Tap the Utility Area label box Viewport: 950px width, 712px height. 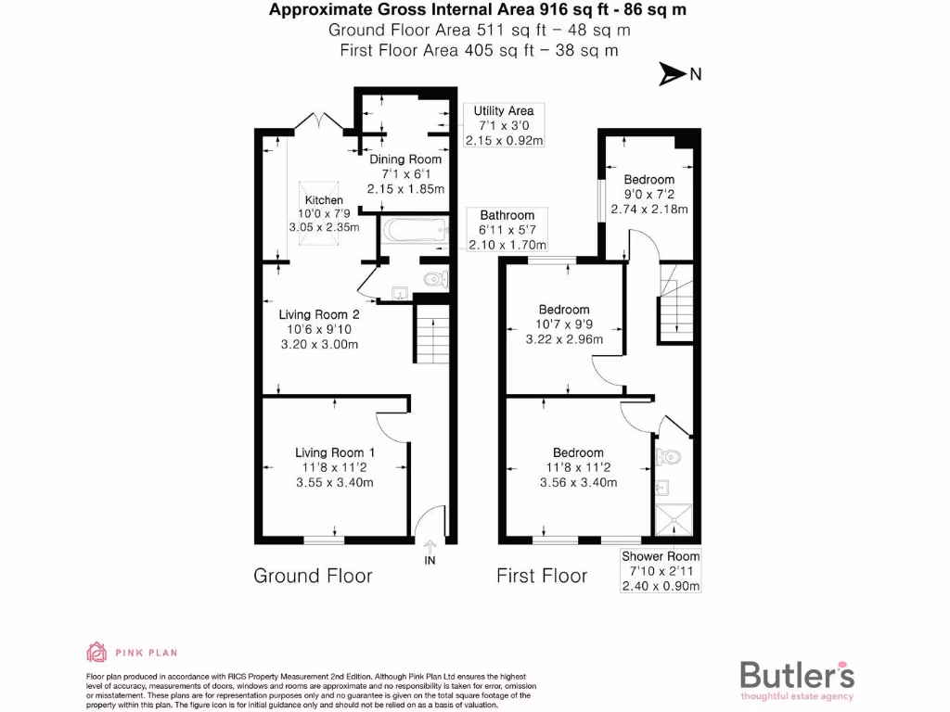pyautogui.click(x=504, y=126)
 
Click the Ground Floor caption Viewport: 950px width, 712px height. pyautogui.click(x=313, y=576)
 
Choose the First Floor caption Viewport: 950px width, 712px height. pyautogui.click(x=542, y=576)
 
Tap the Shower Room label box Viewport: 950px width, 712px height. pyautogui.click(x=661, y=571)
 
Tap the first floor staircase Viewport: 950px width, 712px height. pyautogui.click(x=676, y=304)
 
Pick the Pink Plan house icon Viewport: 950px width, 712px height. pyautogui.click(x=96, y=651)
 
